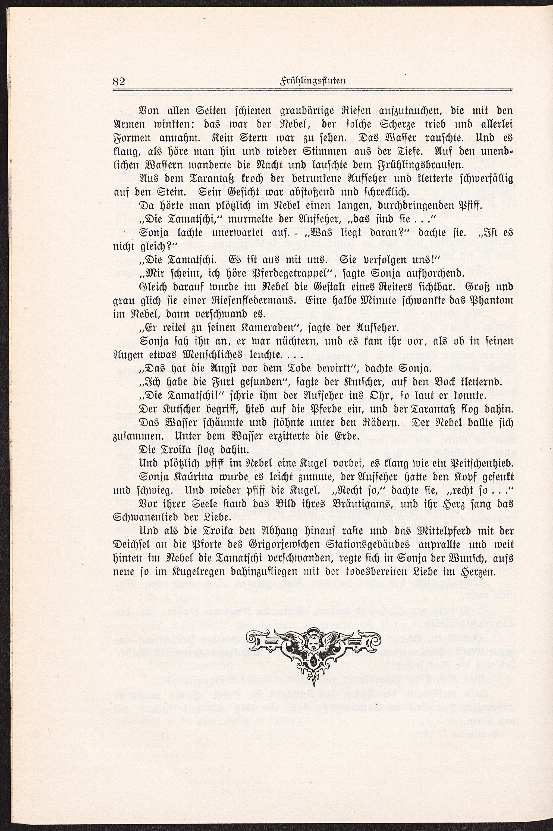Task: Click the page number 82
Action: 119,81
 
